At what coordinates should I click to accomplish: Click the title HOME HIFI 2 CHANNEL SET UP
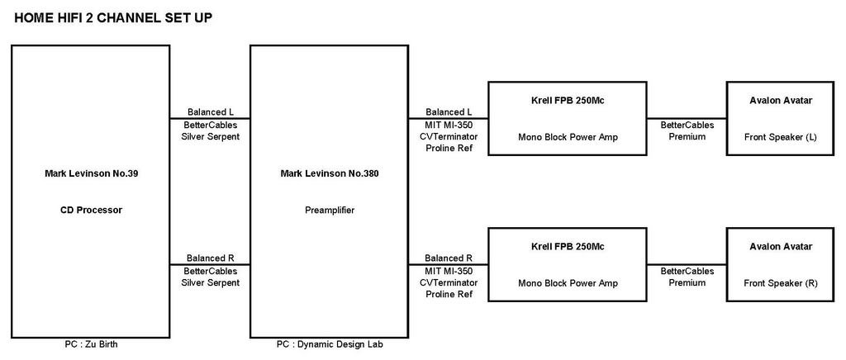(112, 18)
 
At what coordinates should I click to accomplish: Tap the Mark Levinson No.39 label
(91, 173)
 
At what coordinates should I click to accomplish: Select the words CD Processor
(91, 211)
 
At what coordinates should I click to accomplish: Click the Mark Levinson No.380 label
(329, 173)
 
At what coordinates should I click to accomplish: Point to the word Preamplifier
(330, 211)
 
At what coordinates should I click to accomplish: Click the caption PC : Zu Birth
(91, 344)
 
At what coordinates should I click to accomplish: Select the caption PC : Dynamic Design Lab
(330, 344)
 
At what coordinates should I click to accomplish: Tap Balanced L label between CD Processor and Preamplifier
(211, 112)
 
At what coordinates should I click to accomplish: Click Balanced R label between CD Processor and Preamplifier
(211, 258)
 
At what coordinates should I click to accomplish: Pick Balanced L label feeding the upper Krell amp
(449, 112)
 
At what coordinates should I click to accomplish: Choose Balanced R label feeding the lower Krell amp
(449, 258)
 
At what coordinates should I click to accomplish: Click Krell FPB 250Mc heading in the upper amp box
(568, 101)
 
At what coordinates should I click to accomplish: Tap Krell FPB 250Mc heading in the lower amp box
(568, 247)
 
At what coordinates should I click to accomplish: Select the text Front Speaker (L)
(781, 137)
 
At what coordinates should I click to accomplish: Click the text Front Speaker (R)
(781, 283)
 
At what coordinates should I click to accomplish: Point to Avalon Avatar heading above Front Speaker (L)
(781, 101)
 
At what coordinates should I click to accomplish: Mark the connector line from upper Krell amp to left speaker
(687, 119)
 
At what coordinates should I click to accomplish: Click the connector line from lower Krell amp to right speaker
(687, 264)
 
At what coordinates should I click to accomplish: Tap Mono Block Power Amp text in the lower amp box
(568, 283)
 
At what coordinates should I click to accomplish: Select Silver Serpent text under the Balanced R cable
(211, 282)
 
